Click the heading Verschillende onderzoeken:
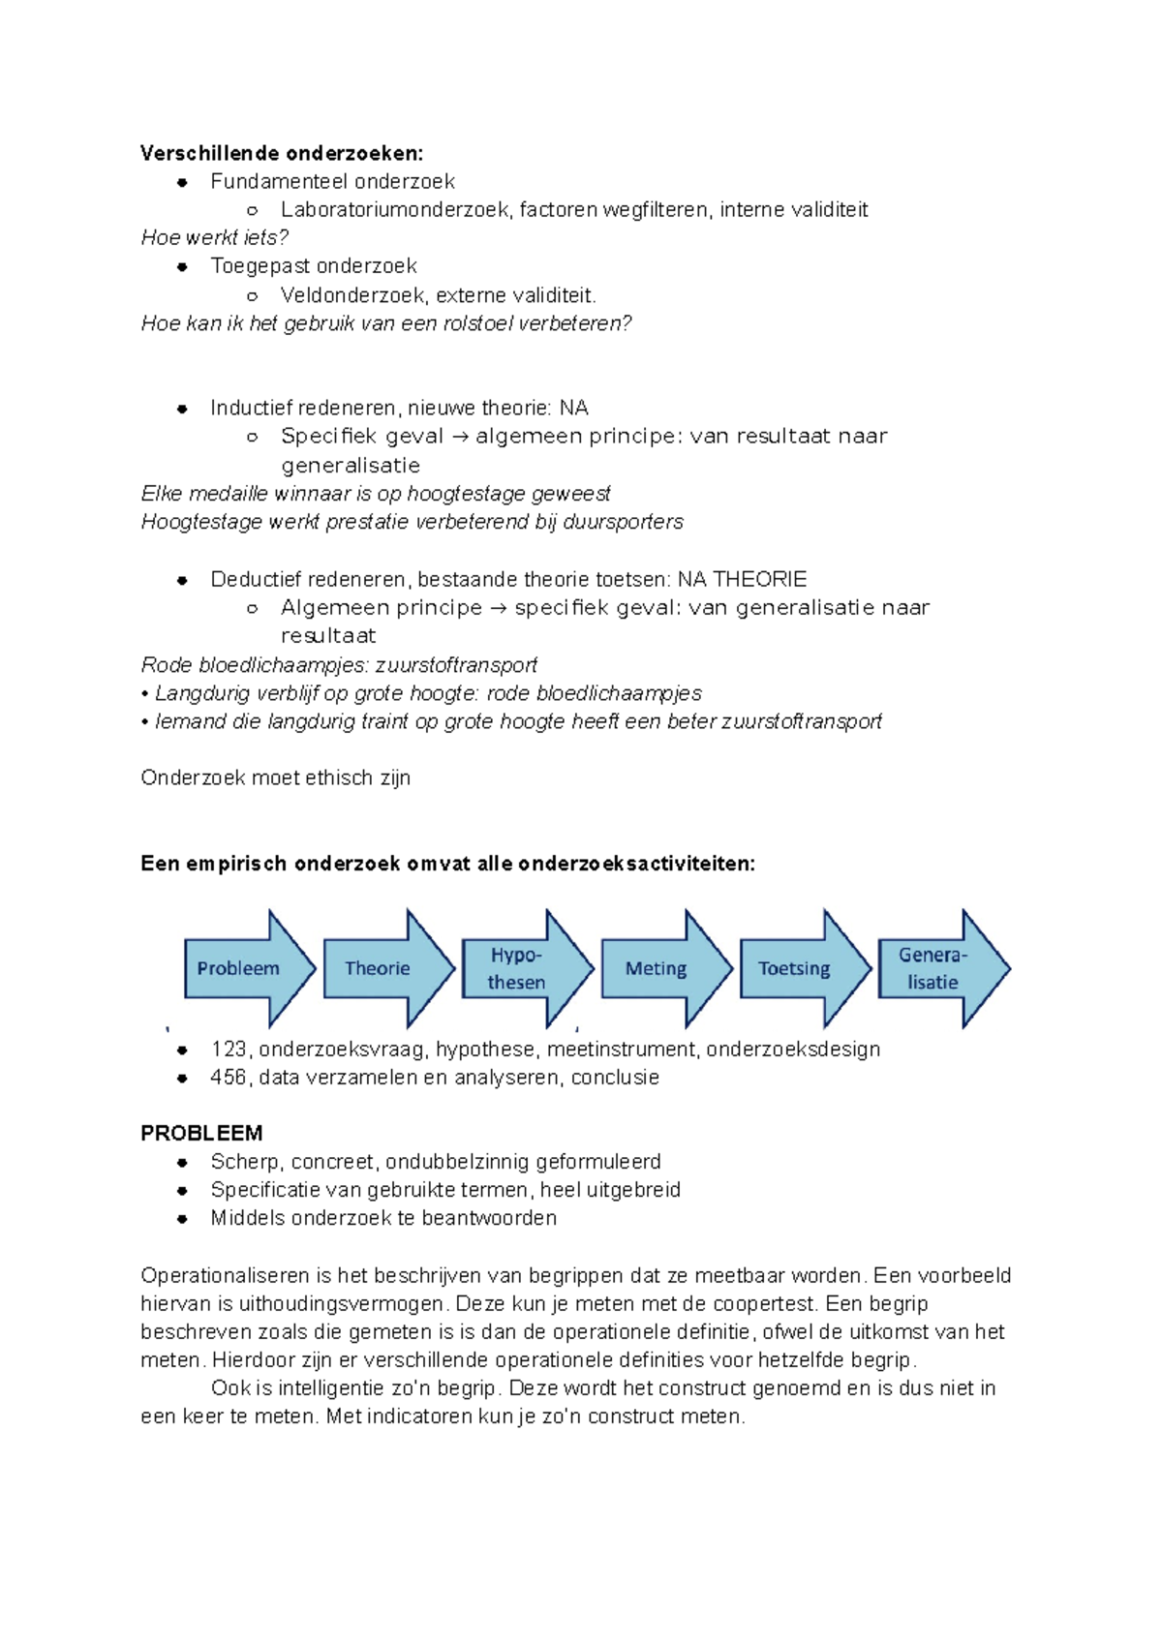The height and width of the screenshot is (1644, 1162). coord(282,153)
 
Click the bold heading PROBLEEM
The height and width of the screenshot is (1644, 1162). coord(201,1133)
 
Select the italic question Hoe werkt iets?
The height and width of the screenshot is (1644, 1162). coord(215,238)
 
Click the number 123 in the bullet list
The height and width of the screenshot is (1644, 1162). coord(229,1050)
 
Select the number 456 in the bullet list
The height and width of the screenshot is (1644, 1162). coord(229,1078)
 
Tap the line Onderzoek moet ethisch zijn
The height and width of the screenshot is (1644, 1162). coord(276,778)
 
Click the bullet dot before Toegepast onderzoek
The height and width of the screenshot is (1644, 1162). coord(182,267)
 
